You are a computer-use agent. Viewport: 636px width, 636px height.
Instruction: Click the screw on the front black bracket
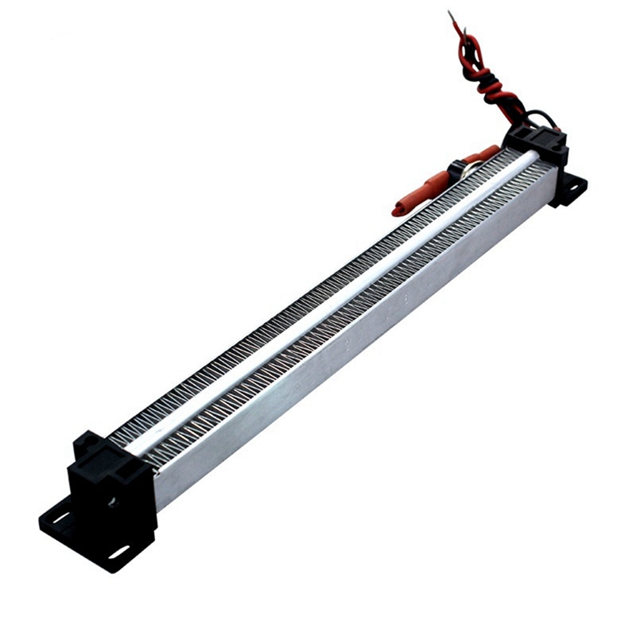point(112,502)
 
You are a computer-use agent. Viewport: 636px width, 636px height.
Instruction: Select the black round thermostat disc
point(460,168)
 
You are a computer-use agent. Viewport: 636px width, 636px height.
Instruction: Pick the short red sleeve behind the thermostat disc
point(483,154)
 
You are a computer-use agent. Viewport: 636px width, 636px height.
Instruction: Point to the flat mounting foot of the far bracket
point(569,191)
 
